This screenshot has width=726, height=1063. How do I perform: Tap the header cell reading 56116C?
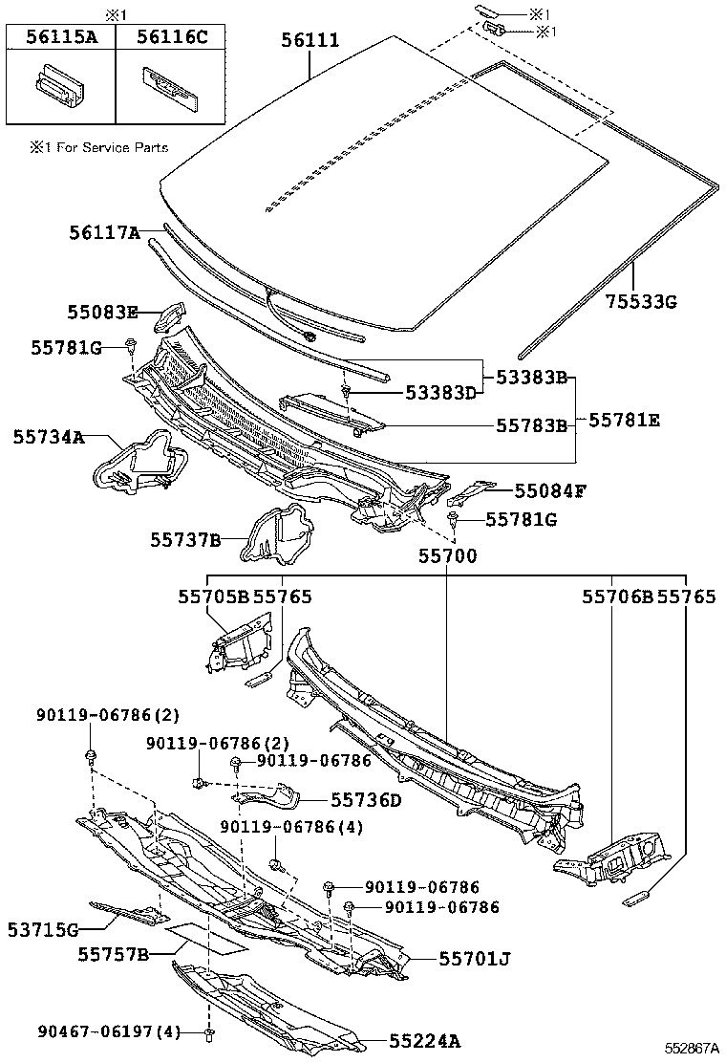coord(172,37)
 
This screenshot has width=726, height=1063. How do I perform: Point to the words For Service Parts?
coord(107,147)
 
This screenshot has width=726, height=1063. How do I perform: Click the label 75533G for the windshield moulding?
coord(640,301)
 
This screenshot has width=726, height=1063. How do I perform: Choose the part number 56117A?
coord(103,232)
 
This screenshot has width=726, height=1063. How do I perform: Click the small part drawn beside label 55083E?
coord(173,314)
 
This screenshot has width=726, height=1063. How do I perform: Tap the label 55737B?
coord(184,540)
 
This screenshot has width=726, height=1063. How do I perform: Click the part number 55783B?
coord(530,424)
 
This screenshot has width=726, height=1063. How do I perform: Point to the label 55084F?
coord(549,490)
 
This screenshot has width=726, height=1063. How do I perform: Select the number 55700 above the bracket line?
coord(446,555)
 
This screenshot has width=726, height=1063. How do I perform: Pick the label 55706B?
coord(617,597)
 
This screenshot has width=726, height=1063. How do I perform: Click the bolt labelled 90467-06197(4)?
coord(209,1033)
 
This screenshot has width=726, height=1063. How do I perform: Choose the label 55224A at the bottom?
coord(424,1041)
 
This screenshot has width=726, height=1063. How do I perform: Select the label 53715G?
coord(43,928)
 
